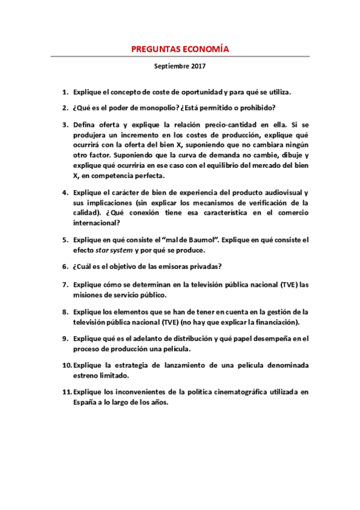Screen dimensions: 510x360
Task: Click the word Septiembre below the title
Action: pos(169,69)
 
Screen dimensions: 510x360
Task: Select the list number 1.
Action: pos(65,93)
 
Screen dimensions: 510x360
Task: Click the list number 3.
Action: pos(65,124)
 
